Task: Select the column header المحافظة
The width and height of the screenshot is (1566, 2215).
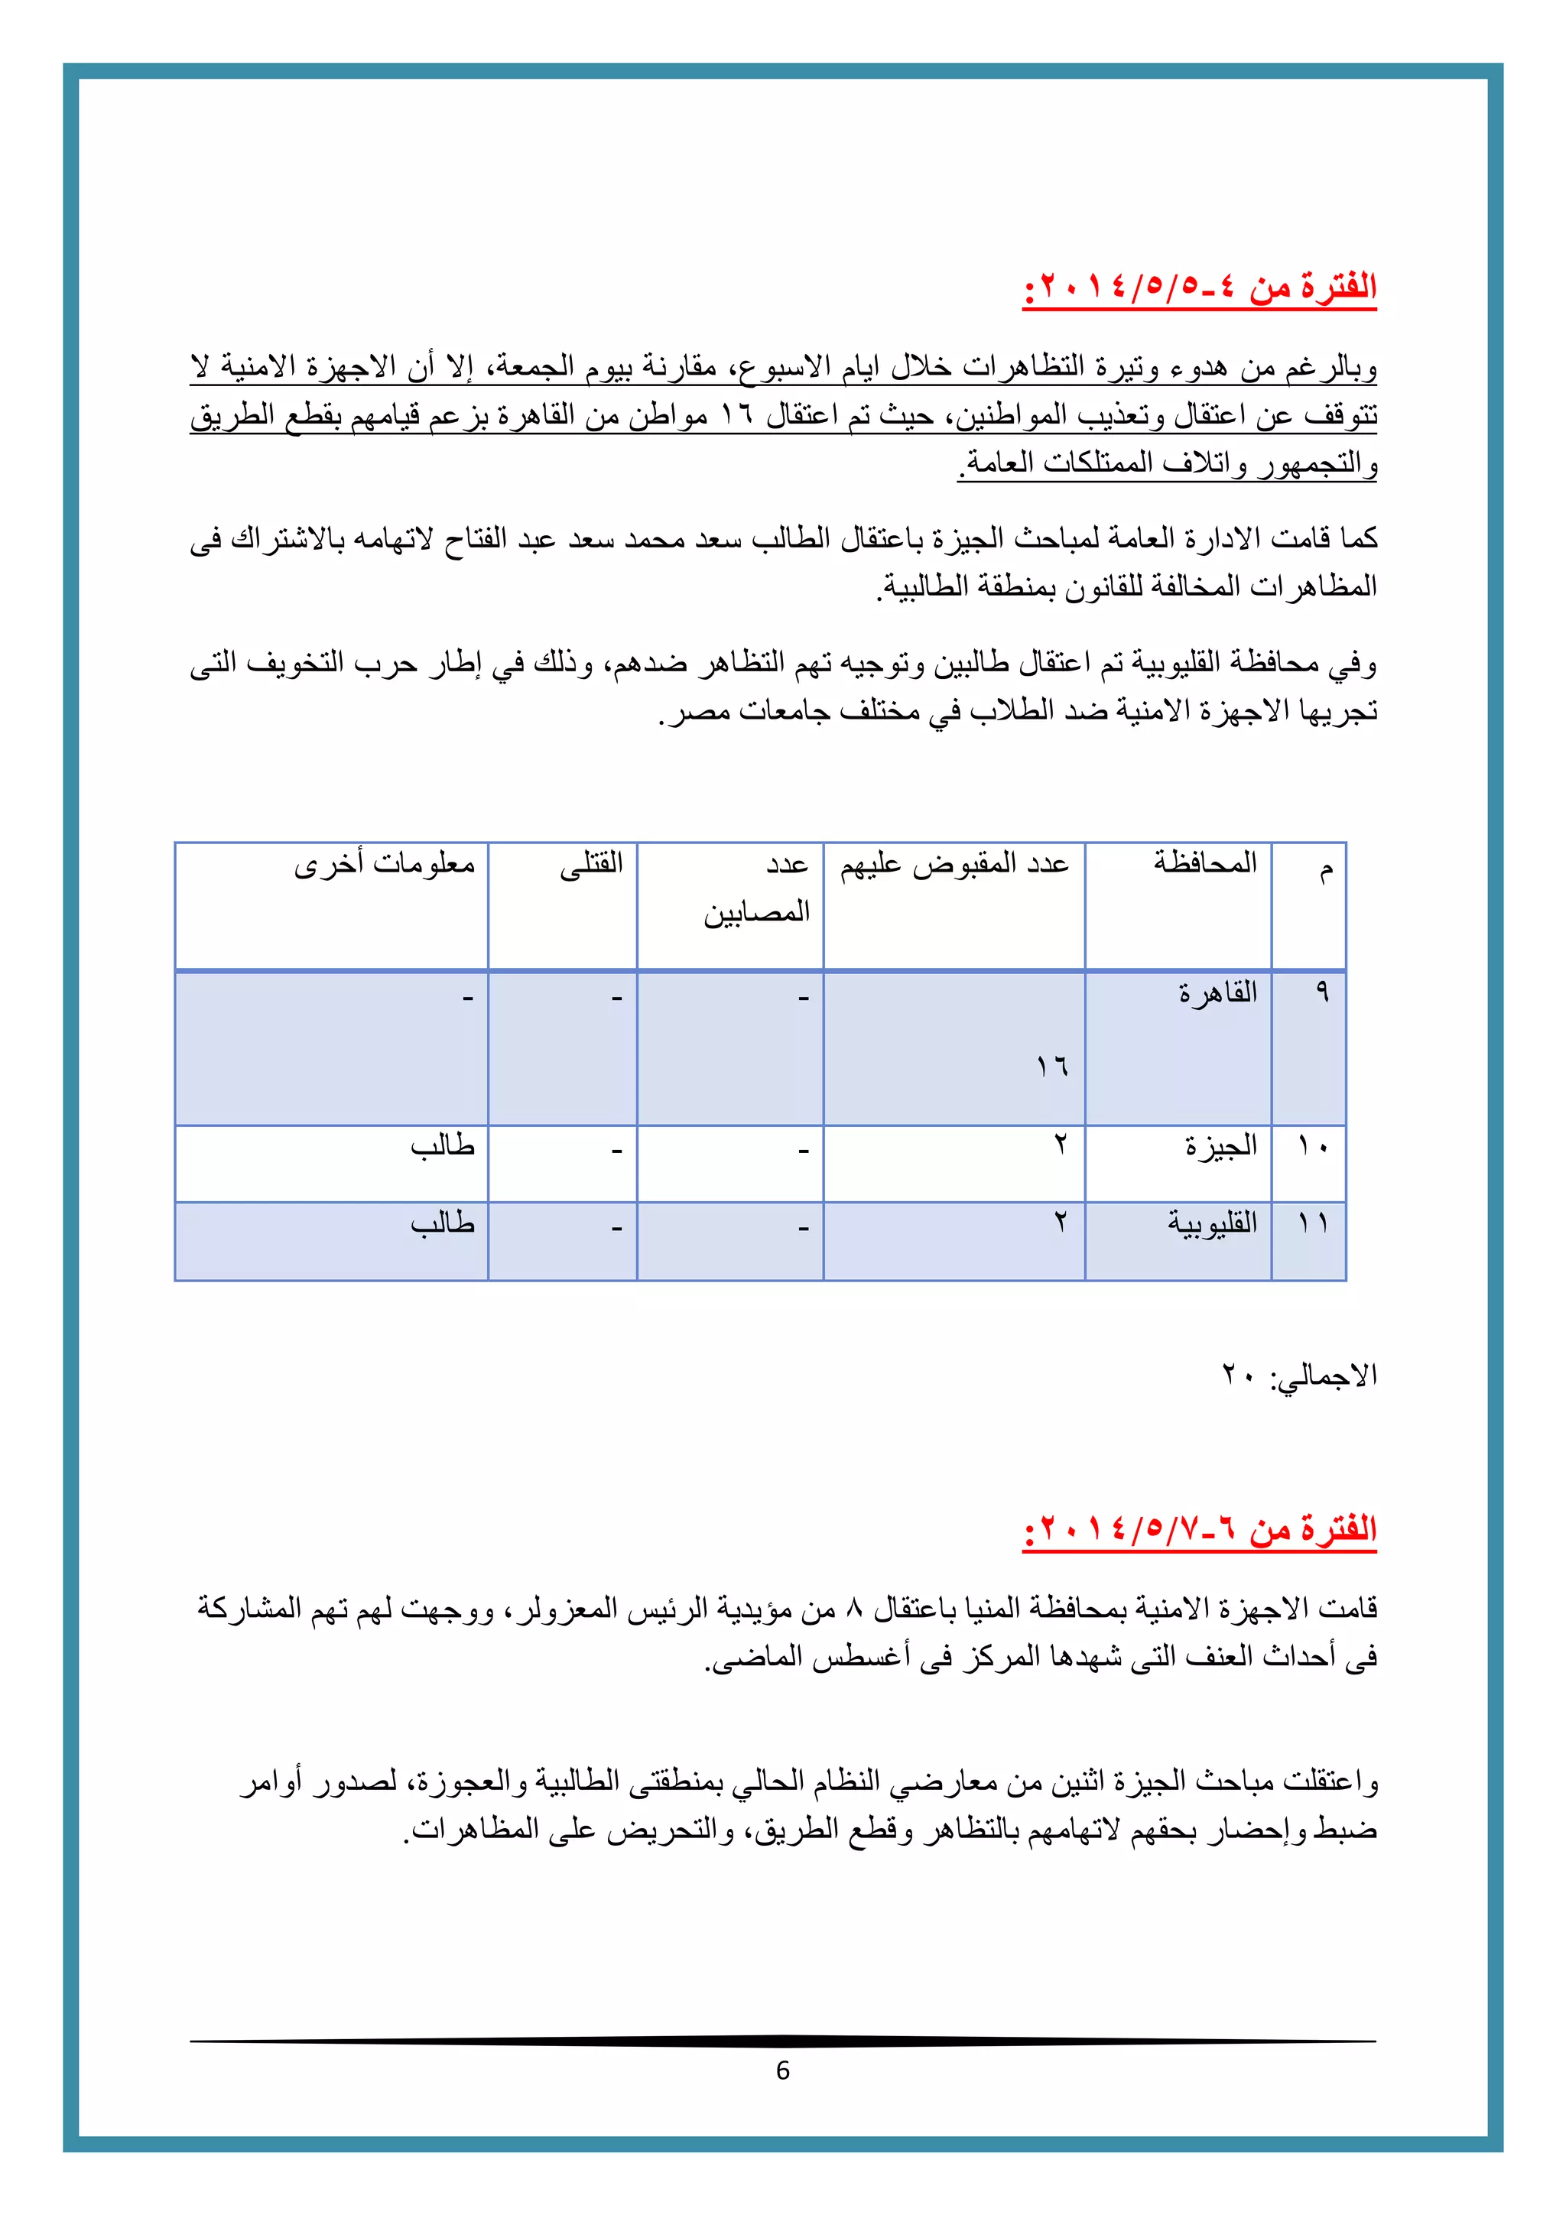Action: click(1205, 862)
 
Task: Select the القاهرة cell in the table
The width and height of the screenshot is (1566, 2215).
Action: click(1217, 992)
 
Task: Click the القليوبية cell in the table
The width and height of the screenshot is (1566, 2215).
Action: click(1212, 1223)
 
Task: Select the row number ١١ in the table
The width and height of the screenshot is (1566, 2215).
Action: click(1312, 1223)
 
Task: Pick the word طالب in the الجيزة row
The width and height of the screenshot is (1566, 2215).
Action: click(442, 1146)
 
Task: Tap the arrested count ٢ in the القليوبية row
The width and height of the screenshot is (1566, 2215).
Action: click(1061, 1223)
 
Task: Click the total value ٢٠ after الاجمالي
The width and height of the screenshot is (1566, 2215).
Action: click(1238, 1375)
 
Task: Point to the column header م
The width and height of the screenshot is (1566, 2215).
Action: click(1326, 870)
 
